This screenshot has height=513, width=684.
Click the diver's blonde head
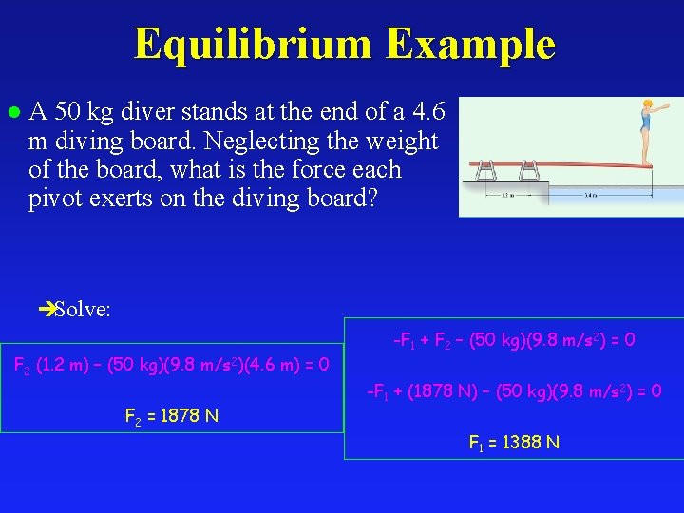pos(647,104)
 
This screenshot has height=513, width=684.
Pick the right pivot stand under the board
pos(530,171)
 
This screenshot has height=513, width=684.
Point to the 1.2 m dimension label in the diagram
pos(506,197)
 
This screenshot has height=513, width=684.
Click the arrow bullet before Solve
pos(45,309)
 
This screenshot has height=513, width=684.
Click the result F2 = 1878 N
pos(172,414)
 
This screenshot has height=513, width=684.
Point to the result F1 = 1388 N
pos(514,442)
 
